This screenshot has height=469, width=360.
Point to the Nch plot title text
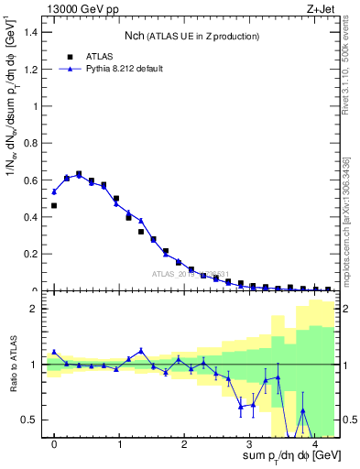point(191,36)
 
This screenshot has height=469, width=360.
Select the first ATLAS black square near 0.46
point(54,206)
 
